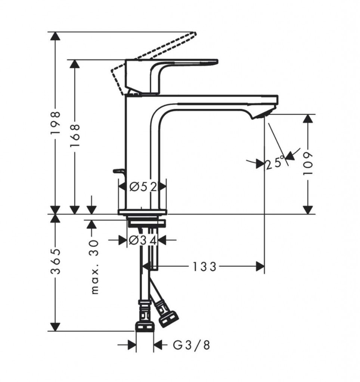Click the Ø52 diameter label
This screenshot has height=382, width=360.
point(143,186)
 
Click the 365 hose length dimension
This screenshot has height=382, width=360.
point(56,262)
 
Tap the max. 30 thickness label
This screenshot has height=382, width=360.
point(95,267)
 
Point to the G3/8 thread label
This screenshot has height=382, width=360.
point(192,345)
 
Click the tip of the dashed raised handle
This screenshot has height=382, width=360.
point(194,34)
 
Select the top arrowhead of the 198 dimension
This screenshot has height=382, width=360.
point(56,37)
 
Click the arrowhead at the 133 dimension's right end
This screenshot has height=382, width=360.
point(260,267)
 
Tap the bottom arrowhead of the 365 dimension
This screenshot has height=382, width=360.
point(56,327)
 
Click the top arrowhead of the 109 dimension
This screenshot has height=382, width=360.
point(308,118)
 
